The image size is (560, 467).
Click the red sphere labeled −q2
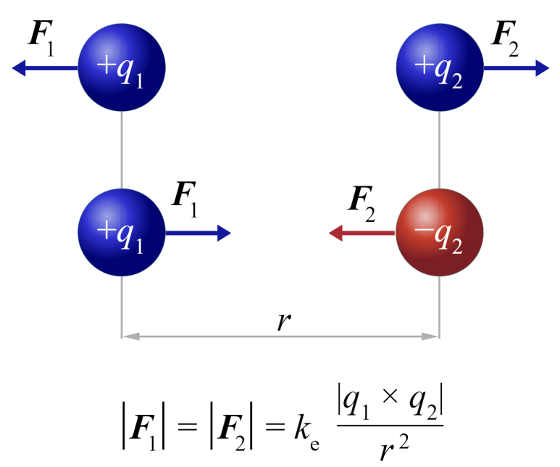point(439,233)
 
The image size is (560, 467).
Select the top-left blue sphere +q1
point(122,68)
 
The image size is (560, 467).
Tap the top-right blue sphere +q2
point(439,68)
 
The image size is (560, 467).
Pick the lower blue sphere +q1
point(122,233)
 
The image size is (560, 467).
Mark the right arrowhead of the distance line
point(432,336)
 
